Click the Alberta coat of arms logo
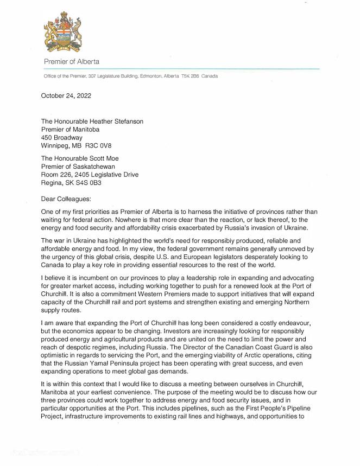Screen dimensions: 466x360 click(x=64, y=34)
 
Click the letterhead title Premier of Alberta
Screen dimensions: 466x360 click(x=72, y=62)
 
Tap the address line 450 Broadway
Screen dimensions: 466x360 click(x=62, y=138)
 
